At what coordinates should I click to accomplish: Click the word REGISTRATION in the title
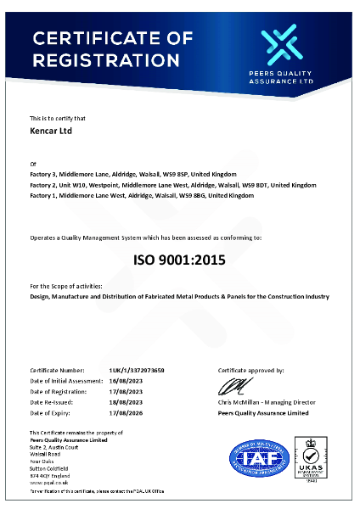pos(106,60)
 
